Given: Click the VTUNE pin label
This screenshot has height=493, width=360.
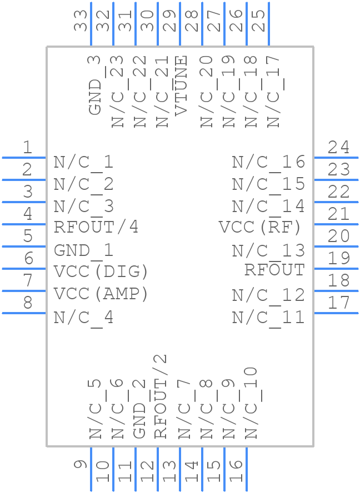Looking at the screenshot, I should point(182,85).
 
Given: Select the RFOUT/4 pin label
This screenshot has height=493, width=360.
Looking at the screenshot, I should point(96,227).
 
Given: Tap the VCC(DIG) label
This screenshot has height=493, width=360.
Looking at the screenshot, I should point(101,271).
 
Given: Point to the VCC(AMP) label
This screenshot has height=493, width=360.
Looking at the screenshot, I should point(101,294).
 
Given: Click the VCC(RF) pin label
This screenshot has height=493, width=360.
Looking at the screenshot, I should point(261,227).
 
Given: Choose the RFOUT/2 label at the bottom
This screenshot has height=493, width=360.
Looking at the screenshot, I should point(160,396).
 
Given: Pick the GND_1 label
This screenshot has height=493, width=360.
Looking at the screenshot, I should point(83,250).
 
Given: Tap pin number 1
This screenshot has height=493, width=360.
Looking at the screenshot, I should point(27,148).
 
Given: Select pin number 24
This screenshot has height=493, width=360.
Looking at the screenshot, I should point(338,148).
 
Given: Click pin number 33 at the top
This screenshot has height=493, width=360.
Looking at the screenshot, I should point(81,21).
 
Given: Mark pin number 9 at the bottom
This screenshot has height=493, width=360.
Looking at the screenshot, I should point(81,465).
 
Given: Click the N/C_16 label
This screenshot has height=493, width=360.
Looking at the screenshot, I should point(268,162).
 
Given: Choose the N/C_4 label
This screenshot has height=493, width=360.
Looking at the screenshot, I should point(83,318).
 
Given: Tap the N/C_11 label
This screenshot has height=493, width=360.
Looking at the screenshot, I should point(268,318).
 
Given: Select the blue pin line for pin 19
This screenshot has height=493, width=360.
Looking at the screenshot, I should point(336,269).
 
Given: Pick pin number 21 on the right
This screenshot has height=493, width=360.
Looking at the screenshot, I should point(338,214).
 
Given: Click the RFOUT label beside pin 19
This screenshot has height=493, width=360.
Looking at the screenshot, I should point(274,270).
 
